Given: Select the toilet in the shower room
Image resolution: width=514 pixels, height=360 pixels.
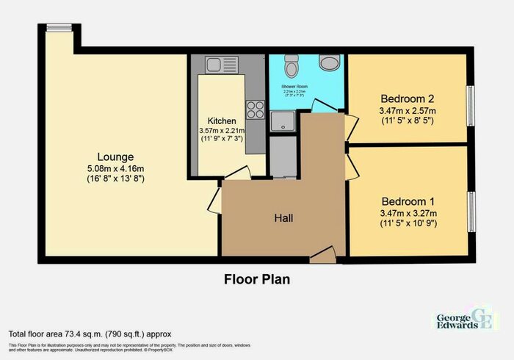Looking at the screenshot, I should tap(291, 68).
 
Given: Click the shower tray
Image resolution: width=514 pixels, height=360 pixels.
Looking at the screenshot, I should tap(280, 121).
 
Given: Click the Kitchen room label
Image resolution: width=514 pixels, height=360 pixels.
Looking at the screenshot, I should tap(222, 120).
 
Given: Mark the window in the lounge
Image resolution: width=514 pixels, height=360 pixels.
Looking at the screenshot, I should tap(56, 28).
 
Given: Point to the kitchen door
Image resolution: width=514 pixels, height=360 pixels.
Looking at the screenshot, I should tap(236, 173).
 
